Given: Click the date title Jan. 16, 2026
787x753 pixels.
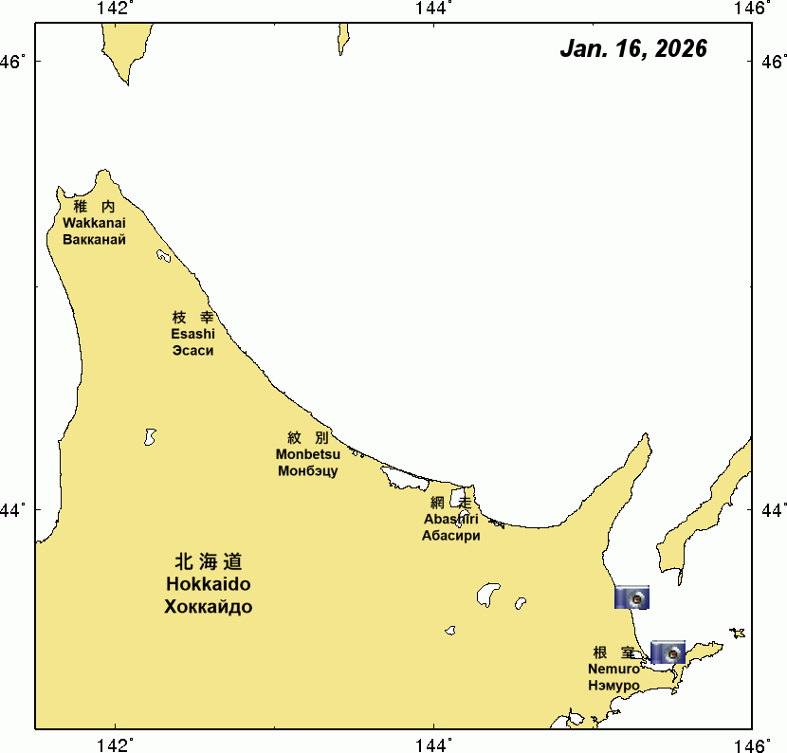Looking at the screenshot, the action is point(632,49).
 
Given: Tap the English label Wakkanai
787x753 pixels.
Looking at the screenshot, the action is point(94,223).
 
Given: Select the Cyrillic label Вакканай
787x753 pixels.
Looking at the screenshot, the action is point(94,239).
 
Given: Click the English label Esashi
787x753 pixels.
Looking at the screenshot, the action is point(192,334).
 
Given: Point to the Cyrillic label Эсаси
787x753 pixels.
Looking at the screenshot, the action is point(192,350).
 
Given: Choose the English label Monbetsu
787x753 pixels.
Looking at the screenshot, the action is point(308,454).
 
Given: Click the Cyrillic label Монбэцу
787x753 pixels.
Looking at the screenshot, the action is point(308,470).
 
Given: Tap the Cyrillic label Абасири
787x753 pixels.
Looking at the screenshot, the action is point(451,535).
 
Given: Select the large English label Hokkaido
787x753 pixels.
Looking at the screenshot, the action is point(209,584).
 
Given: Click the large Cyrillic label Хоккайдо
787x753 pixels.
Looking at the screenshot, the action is point(209,607).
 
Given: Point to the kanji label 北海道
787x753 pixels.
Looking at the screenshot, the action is point(209,561).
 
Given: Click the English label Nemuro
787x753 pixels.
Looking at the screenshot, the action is point(613,669).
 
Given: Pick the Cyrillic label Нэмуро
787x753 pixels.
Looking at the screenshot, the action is point(613,685).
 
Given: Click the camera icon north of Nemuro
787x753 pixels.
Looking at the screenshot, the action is point(632,597).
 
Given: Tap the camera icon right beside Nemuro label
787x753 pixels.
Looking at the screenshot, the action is point(668,652).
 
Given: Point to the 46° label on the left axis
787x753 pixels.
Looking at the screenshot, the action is point(14,63).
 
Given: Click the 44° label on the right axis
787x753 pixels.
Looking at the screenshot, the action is point(773,510).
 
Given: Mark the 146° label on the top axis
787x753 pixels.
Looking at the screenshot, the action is point(755,9).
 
